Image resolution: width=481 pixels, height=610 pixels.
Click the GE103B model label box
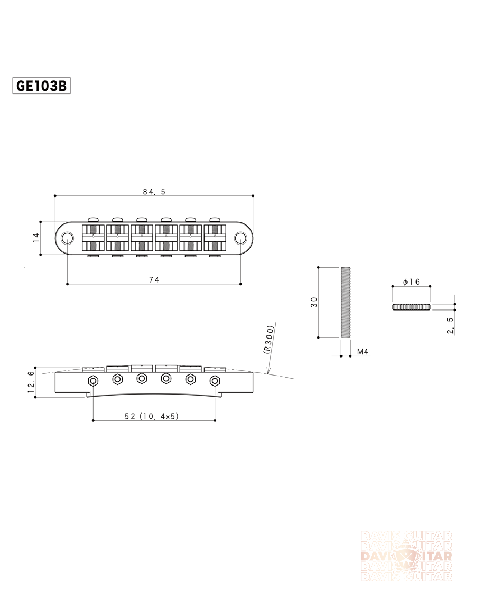pos(41,86)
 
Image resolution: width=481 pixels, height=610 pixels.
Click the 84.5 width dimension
pos(154,191)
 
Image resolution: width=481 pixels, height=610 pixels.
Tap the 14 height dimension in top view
pos(36,238)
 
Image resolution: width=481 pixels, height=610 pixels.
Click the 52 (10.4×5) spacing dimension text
pos(152,416)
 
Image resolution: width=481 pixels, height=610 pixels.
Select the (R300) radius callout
pos(269,339)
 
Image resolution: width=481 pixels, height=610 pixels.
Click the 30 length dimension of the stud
pos(313,302)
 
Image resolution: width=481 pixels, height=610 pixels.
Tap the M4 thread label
pos(363,352)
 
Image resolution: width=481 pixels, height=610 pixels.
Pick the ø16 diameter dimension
pos(411,282)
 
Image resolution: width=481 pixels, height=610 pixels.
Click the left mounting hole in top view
pos(68,238)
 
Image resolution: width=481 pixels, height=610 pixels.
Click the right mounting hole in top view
pos(240,238)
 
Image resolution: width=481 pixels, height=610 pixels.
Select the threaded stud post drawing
pos(346,302)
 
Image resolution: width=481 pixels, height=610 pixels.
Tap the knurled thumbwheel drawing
pos(411,307)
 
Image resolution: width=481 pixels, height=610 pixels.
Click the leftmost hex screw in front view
pos(93,380)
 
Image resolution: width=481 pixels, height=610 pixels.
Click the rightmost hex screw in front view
pos(215,380)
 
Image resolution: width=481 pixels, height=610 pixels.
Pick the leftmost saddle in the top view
pos(93,238)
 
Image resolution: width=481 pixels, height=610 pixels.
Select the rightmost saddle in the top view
pos(215,238)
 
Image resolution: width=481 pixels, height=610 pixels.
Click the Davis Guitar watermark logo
pos(406,556)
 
